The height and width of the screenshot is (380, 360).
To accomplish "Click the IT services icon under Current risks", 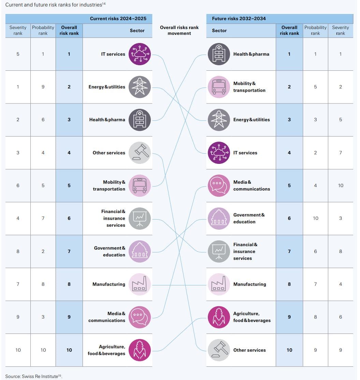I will coord(140,54).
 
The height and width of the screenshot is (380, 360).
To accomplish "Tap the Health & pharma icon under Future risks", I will coord(219,54).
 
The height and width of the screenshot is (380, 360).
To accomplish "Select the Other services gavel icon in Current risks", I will coord(140,153).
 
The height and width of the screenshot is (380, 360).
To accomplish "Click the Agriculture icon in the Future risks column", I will coord(219,317).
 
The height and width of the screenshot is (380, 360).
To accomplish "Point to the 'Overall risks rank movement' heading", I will coord(179,30).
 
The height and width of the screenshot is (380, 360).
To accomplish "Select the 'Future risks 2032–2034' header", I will coord(239,18).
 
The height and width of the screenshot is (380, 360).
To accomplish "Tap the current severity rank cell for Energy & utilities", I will coord(18,87).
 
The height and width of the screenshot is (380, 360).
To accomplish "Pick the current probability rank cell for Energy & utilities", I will coord(43,87).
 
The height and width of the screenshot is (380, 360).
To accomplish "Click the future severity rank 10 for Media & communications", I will coord(341,185).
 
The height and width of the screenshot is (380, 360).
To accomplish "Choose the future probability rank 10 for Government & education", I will coord(315,218).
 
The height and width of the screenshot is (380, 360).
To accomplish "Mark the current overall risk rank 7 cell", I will coord(69,251).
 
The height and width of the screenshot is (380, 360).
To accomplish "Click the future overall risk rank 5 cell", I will coord(289,185).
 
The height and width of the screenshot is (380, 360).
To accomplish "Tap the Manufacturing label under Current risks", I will coord(109,284).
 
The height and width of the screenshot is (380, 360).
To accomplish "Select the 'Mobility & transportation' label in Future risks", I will coord(249,87).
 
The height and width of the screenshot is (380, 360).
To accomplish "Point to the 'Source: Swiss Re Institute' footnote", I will coord(33,376).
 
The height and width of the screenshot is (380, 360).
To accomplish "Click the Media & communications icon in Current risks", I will coord(140,317).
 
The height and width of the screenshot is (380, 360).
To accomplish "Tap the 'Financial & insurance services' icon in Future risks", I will coord(219,251).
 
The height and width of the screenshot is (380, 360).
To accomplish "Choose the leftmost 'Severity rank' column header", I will coord(18,30).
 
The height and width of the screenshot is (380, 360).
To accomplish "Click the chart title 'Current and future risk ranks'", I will coord(54,5).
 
